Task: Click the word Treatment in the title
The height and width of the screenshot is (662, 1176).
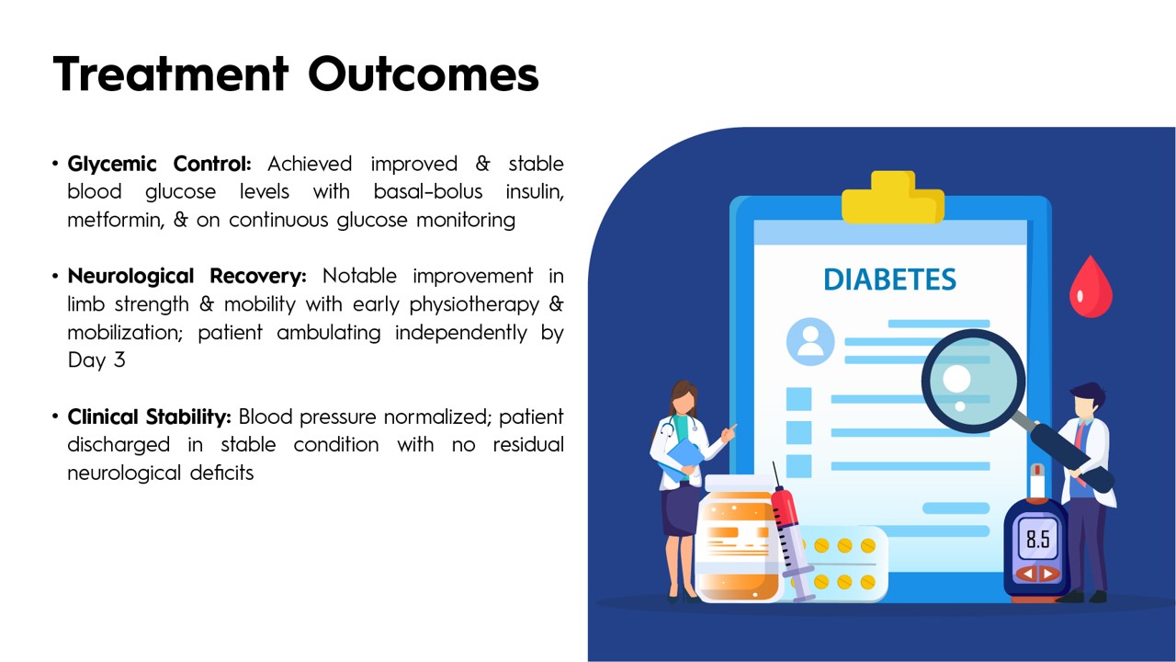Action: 171,74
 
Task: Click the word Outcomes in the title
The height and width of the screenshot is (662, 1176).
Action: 424,74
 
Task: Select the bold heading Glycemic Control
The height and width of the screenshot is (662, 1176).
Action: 160,165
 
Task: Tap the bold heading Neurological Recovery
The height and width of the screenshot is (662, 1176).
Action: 187,277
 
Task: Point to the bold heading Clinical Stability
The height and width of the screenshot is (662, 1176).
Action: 149,417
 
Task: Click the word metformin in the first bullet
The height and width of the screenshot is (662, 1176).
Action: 116,220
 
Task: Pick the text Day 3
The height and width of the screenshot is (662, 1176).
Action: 96,360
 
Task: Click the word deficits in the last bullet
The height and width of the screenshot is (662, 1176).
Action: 221,473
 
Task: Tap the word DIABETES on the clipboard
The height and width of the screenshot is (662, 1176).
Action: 890,280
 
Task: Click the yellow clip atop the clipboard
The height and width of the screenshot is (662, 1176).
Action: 893,198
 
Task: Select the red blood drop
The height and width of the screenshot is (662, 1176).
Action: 1091,288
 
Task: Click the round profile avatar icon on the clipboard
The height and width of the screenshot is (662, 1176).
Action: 810,341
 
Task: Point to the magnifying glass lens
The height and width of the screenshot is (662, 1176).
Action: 973,381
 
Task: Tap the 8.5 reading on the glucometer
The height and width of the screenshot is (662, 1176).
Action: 1038,539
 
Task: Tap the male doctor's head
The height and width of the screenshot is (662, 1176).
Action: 1088,402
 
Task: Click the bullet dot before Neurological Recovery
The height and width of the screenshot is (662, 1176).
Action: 55,276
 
